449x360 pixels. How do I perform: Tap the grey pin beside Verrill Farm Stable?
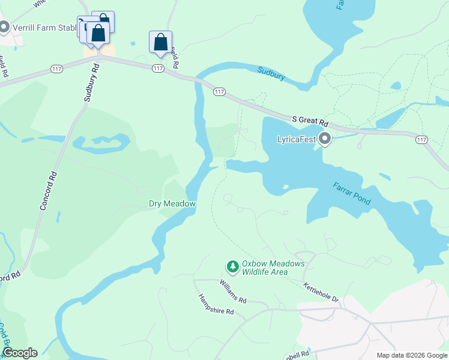pos(5,27)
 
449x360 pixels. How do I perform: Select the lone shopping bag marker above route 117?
pos(160,43)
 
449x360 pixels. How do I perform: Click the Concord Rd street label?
pos(48,190)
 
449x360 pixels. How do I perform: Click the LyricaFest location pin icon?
pos(325,139)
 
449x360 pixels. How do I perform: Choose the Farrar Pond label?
pos(352,193)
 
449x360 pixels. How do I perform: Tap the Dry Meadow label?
pos(172,204)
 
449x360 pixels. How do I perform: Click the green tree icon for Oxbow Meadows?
pos(232,265)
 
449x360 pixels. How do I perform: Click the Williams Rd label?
pos(233,291)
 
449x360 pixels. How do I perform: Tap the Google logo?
pos(19,353)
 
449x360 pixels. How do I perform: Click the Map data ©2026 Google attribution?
pos(411,355)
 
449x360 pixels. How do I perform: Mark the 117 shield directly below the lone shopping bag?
pos(158,68)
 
